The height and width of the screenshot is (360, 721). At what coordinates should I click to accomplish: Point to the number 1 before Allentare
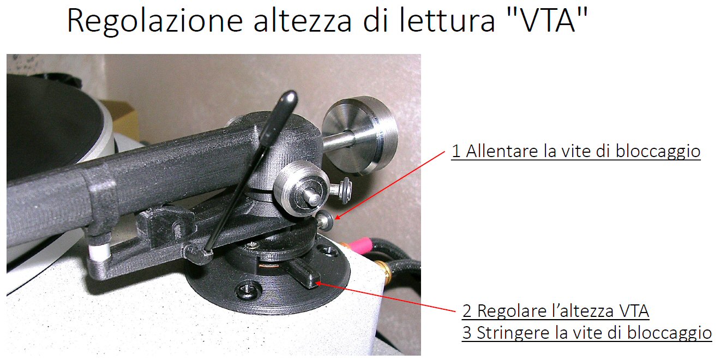(456, 151)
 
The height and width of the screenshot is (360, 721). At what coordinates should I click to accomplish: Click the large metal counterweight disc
(360, 135)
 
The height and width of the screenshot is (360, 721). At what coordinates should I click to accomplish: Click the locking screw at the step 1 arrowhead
(326, 221)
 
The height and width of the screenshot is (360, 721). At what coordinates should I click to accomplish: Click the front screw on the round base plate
(247, 290)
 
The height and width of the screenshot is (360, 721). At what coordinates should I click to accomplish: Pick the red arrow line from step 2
(386, 297)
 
